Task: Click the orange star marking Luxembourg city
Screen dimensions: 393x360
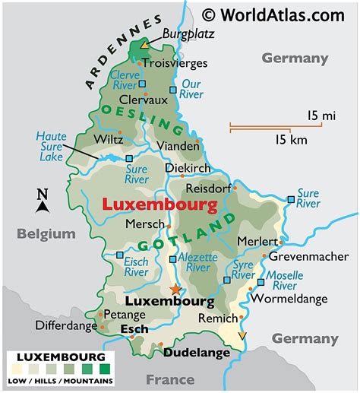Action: coord(176,289)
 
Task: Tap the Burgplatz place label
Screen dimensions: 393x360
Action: coord(189,34)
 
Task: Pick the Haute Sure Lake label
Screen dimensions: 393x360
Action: coord(51,147)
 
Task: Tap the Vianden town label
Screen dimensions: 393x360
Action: coord(177,145)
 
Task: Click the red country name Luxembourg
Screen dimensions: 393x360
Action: coord(159,204)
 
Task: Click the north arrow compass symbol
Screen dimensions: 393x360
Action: coord(43,201)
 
